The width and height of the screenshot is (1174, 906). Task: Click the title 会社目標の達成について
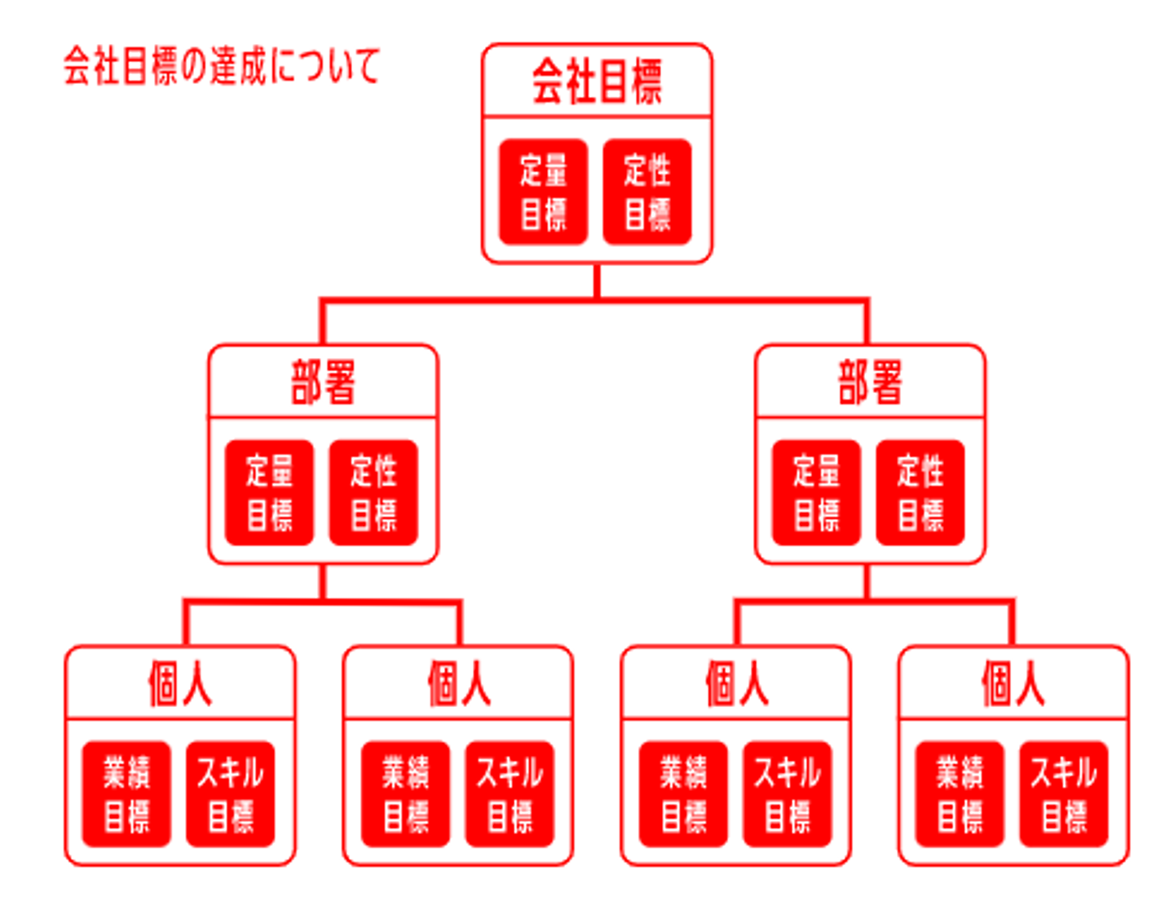click(222, 66)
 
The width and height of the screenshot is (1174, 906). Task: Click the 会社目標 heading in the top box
click(597, 82)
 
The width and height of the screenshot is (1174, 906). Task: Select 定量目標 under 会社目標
click(543, 192)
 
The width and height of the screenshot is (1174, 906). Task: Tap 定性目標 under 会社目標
click(647, 192)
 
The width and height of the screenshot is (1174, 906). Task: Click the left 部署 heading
click(323, 382)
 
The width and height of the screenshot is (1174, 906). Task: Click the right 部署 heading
click(870, 382)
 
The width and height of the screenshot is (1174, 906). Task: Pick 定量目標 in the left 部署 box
click(269, 493)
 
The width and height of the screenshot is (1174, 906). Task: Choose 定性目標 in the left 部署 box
click(373, 493)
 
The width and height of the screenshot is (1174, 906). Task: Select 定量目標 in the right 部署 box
click(816, 493)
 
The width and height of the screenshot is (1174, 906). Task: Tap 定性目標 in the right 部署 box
click(920, 493)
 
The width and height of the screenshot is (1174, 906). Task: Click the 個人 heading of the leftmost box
click(180, 683)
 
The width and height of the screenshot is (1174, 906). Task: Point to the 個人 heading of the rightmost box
click(1013, 683)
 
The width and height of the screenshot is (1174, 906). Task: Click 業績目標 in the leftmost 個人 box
click(126, 794)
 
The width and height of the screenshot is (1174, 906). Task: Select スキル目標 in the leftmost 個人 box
click(231, 794)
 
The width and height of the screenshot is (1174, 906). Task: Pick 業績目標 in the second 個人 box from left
click(405, 794)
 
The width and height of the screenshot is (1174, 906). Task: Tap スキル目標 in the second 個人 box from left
click(510, 794)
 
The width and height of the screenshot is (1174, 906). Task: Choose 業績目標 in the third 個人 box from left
click(683, 794)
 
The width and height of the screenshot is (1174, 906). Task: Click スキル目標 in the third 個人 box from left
click(788, 794)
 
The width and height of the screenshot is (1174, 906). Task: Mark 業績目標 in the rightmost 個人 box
click(960, 794)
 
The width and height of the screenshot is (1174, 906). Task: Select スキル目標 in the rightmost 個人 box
click(1064, 794)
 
